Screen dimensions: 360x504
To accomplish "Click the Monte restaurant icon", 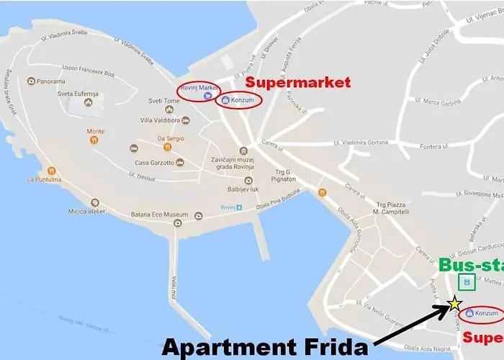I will click(x=94, y=140).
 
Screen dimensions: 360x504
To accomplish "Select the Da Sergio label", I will click(x=170, y=138).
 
